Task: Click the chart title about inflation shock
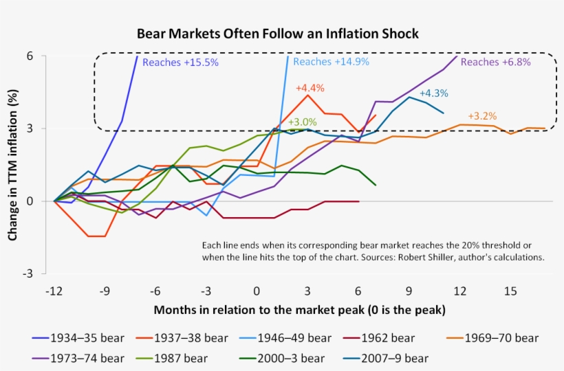(277, 34)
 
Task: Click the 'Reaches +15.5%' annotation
(180, 63)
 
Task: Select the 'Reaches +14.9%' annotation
(331, 62)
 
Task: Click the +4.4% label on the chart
(310, 88)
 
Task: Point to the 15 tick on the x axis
(510, 291)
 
